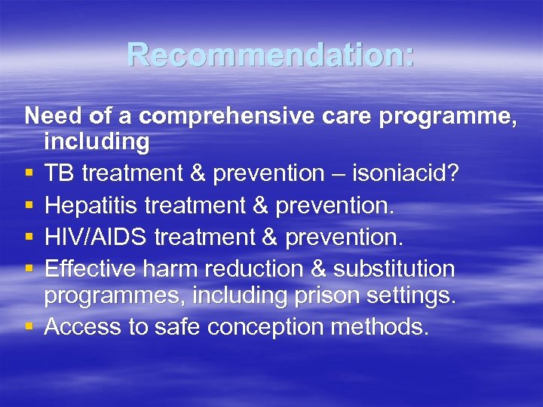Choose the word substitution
coord(403,269)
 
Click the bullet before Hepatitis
coord(28,206)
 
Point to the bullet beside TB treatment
coord(28,174)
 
